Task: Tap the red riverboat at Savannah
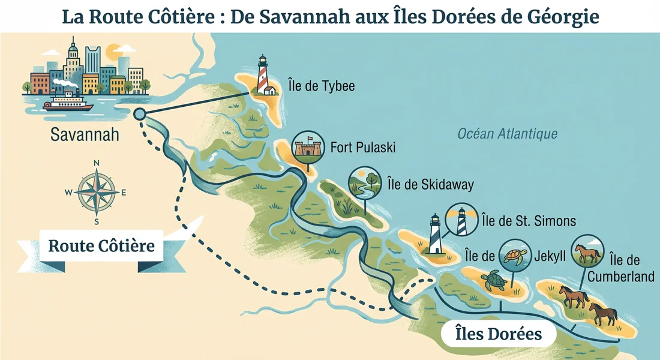(68, 103)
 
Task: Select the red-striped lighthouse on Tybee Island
(263, 74)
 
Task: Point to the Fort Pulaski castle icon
(304, 148)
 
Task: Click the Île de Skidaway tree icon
(364, 182)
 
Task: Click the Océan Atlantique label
(508, 134)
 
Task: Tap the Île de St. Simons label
(529, 221)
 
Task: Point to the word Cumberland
(620, 277)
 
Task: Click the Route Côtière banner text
(101, 246)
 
